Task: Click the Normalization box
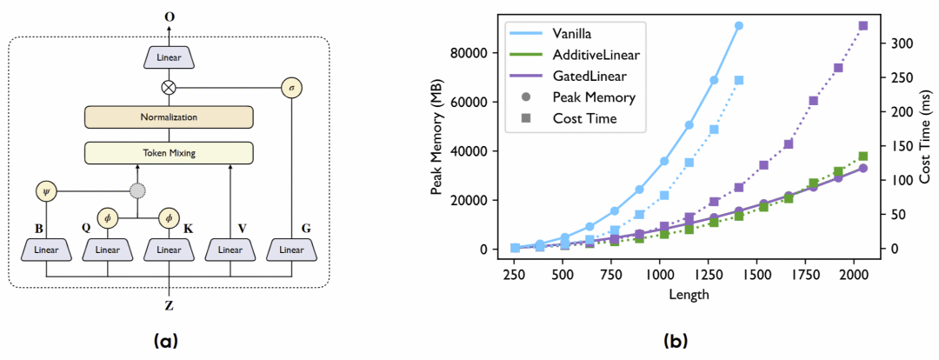coord(169,117)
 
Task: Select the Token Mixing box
coord(169,152)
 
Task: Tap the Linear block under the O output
coord(169,57)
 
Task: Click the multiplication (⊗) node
coord(169,87)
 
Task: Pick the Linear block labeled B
coord(45,250)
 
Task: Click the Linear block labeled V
coord(230,250)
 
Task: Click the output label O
coord(169,17)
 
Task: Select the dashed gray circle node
coord(137,190)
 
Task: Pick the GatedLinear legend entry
coord(595,77)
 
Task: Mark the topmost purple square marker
coord(863,26)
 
